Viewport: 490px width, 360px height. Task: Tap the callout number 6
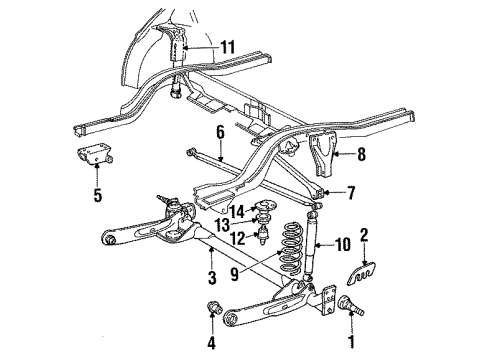[219, 131]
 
